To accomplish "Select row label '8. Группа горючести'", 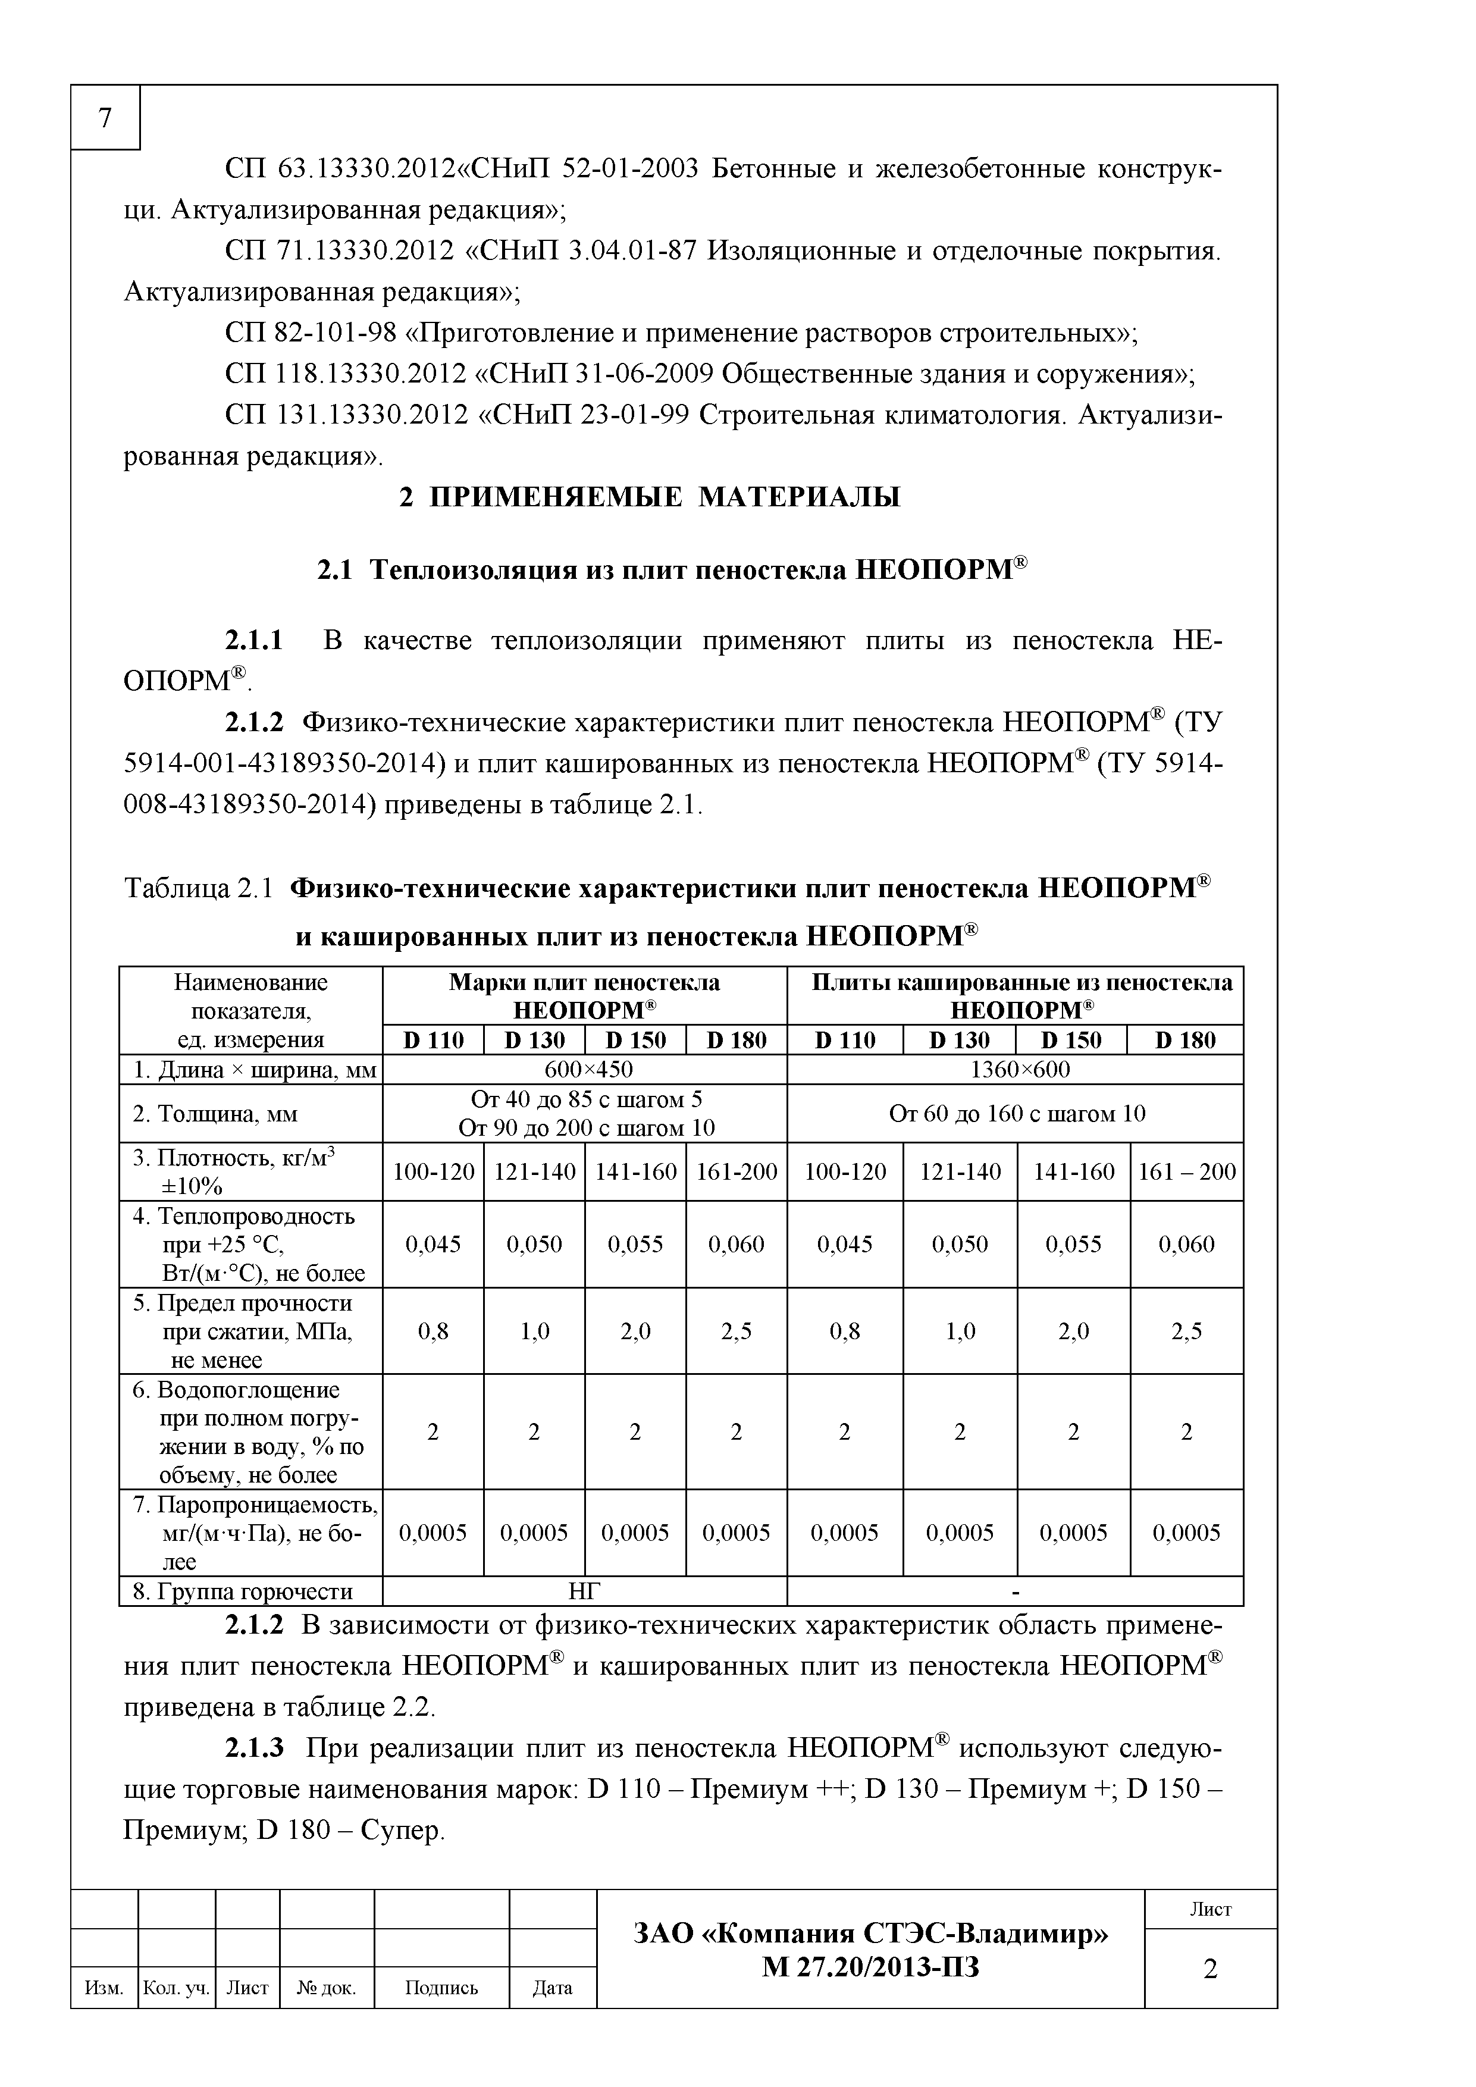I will pyautogui.click(x=243, y=1591).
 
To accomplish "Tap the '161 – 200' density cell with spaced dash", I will pyautogui.click(x=1187, y=1171).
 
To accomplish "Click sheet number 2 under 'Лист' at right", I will pyautogui.click(x=1209, y=1969).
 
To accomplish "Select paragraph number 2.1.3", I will pyautogui.click(x=253, y=1747).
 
